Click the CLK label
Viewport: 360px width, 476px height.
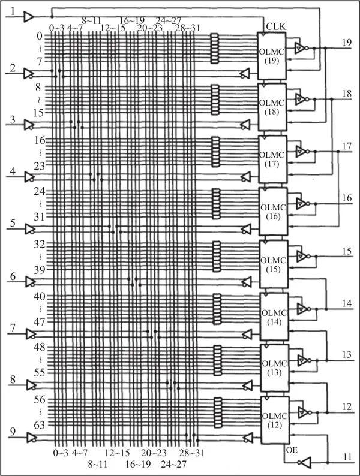(276, 26)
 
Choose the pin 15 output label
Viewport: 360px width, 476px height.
(347, 250)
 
